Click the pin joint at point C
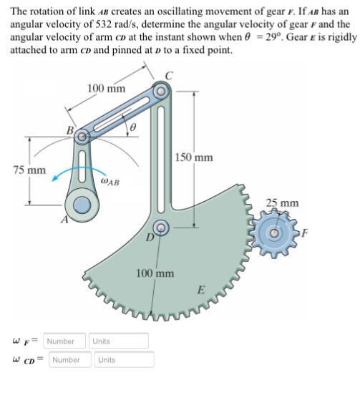click(x=161, y=92)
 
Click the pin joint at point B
click(x=83, y=135)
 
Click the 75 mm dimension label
click(x=29, y=170)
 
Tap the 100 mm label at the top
click(x=106, y=89)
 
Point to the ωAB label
click(x=112, y=182)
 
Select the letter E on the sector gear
click(x=203, y=291)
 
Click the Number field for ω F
click(x=66, y=340)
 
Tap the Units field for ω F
click(x=119, y=340)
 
